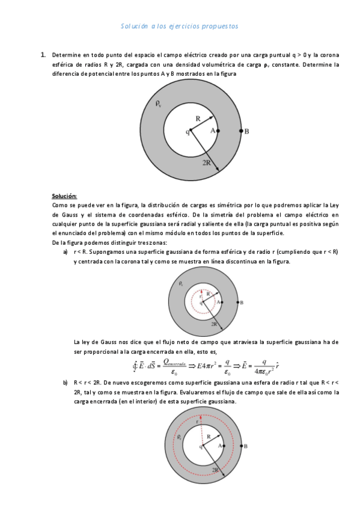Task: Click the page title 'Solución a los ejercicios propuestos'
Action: coord(180,26)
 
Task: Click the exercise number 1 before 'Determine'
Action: coord(43,55)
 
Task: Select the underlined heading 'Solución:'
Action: coord(64,196)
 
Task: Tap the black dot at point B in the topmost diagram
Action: coord(240,131)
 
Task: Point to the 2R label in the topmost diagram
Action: coord(206,163)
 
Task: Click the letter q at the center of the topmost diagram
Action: coord(188,132)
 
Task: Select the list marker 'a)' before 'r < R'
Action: coord(66,251)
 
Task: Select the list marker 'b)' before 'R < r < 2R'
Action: coord(66,382)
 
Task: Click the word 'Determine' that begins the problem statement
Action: coord(65,55)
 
